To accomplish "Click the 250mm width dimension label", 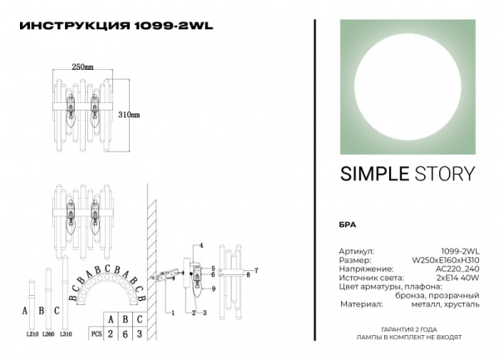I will (x=82, y=66).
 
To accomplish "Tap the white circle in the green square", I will (x=407, y=86).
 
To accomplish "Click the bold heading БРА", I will (x=348, y=225).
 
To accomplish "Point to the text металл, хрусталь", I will (x=451, y=304).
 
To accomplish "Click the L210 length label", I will (x=32, y=333).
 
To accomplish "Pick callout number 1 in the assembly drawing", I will (x=171, y=313).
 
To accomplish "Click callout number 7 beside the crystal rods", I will (x=256, y=271).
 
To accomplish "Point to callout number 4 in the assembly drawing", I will (x=200, y=246).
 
